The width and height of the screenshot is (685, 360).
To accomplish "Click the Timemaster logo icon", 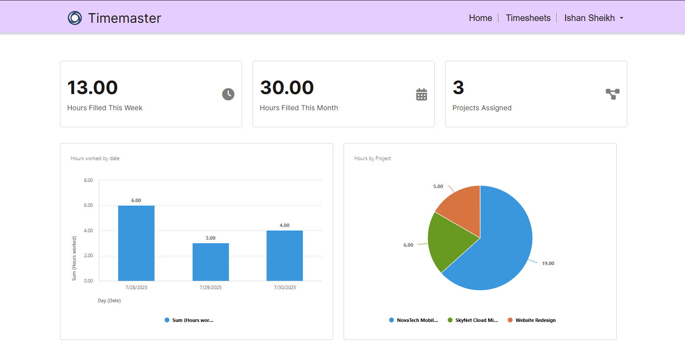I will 75,18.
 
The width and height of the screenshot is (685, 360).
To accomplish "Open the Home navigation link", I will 480,18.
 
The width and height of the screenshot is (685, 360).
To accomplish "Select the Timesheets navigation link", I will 528,18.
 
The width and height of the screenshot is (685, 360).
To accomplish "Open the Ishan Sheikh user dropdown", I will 593,18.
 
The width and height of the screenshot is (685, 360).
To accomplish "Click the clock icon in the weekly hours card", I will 228,94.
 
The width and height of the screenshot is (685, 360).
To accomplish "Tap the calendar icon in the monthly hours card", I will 422,94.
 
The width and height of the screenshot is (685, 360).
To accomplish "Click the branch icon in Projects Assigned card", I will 612,94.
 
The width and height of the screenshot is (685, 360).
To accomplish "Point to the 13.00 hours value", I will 92,87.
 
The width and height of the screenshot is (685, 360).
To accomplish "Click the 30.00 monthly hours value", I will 287,87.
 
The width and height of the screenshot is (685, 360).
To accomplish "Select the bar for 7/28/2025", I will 136,243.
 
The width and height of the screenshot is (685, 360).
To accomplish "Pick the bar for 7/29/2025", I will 211,262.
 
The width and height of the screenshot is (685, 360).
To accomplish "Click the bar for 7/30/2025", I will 285,255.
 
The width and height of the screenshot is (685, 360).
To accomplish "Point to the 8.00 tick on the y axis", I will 88,180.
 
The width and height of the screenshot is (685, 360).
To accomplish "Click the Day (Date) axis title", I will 109,301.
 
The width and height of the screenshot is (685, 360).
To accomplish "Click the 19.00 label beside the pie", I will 548,263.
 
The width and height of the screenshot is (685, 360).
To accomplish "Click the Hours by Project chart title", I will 372,158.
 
